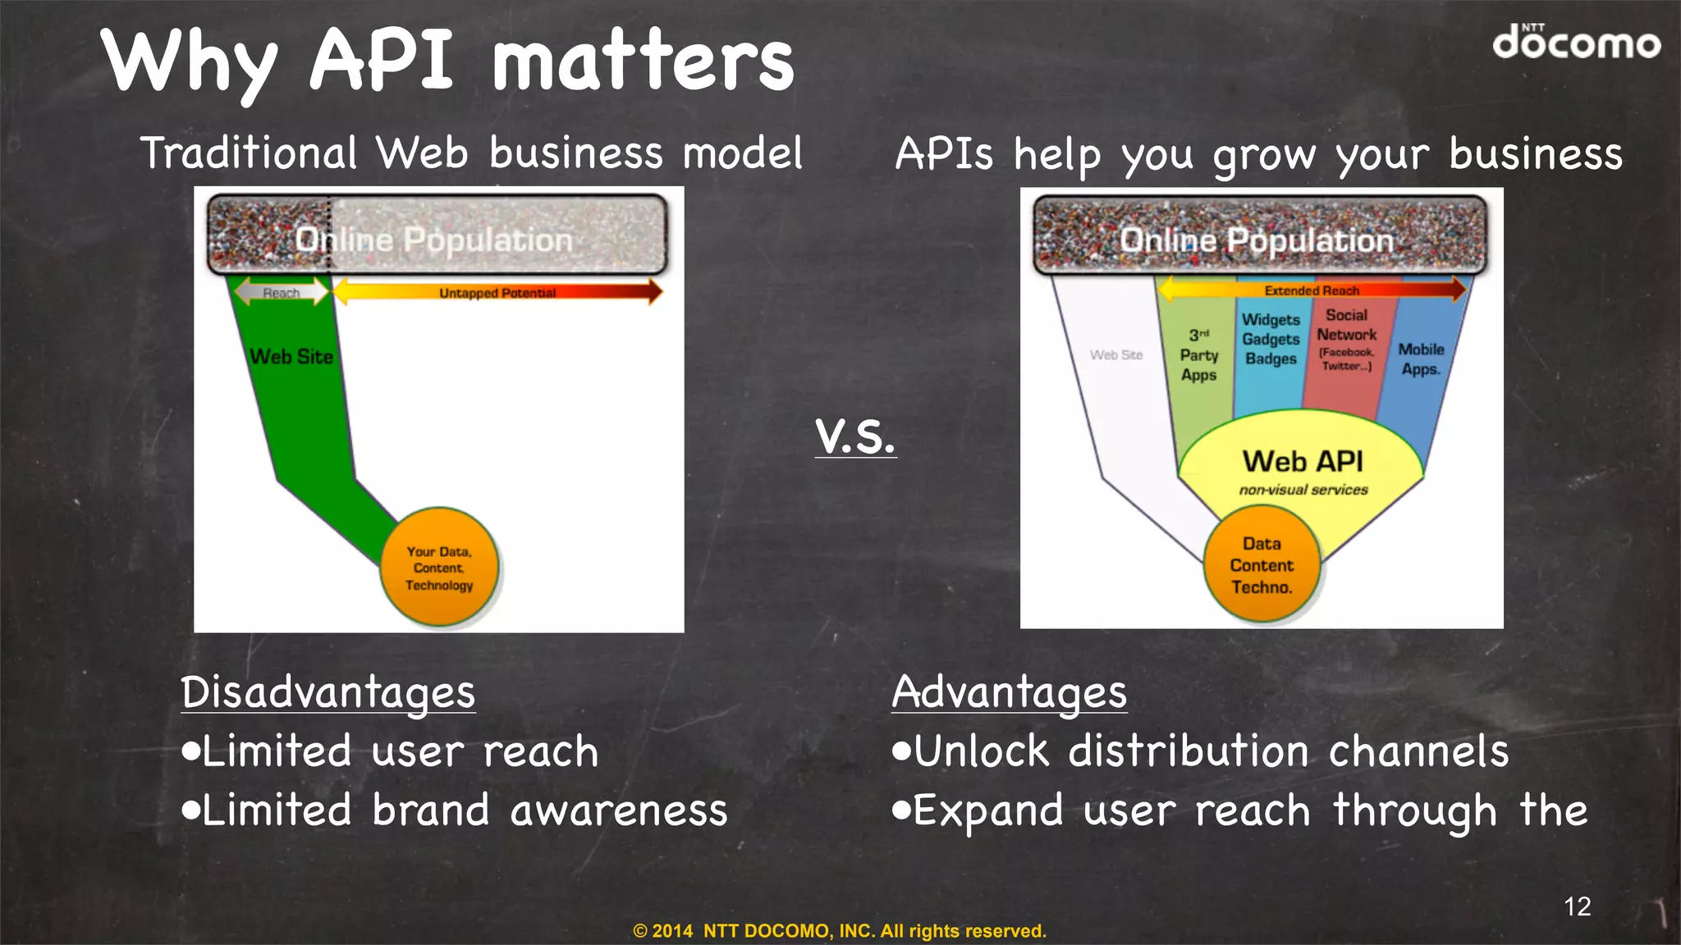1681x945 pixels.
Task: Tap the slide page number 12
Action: (1577, 906)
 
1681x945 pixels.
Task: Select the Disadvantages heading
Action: (327, 692)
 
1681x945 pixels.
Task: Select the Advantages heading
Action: (1009, 692)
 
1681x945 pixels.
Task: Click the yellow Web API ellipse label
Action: (1303, 462)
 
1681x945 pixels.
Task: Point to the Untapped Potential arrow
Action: (497, 292)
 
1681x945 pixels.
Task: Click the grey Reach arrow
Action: (281, 292)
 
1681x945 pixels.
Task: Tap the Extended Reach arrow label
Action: (1312, 290)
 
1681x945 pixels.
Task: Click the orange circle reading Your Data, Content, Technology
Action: (439, 568)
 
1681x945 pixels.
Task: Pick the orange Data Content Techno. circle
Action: (1262, 565)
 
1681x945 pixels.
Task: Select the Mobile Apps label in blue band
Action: (1421, 359)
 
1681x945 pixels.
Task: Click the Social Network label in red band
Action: (1346, 336)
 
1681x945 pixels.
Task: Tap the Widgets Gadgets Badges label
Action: (1271, 339)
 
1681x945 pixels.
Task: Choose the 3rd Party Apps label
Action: (1198, 354)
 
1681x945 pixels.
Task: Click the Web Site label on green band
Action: (291, 356)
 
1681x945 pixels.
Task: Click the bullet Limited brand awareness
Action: (456, 810)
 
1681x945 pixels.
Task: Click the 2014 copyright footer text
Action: (840, 930)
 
